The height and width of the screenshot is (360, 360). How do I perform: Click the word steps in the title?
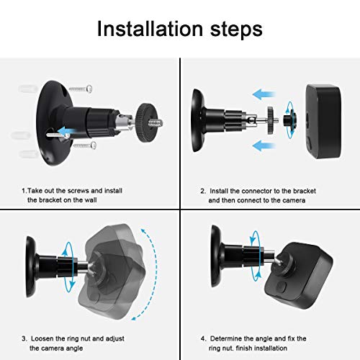point(233,31)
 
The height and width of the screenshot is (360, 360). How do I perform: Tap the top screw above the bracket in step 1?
point(86,89)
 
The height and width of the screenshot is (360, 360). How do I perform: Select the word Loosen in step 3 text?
point(44,318)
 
